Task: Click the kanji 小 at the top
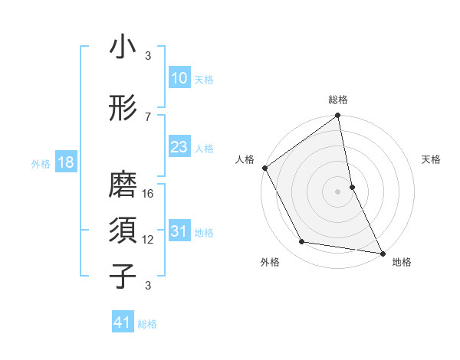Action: coord(123,47)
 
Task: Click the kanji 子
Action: coord(123,276)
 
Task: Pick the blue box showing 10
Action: coord(179,78)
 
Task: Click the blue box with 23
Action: coord(179,147)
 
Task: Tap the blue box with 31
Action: coord(179,231)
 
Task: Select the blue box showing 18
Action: coord(64,162)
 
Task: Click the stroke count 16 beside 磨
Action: coord(149,193)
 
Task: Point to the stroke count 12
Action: coord(149,240)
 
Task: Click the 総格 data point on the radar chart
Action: coord(337,116)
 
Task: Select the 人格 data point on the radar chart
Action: coord(264,168)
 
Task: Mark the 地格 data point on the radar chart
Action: coord(382,253)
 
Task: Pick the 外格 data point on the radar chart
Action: coord(302,242)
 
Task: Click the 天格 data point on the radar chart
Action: coord(352,187)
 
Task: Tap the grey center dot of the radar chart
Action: coord(337,191)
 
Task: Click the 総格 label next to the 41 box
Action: coord(147,324)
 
